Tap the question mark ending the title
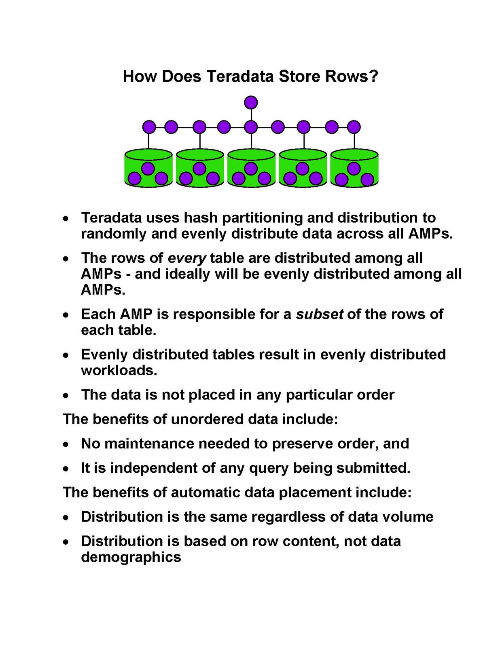click(373, 76)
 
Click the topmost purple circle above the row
click(251, 102)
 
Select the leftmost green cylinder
click(148, 168)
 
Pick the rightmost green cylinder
click(354, 168)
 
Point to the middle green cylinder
click(251, 168)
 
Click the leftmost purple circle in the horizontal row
click(149, 127)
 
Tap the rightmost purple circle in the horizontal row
click(354, 127)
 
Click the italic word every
click(187, 258)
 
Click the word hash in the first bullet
click(201, 218)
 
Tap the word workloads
click(119, 370)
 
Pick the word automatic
click(207, 493)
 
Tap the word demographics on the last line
click(131, 557)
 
